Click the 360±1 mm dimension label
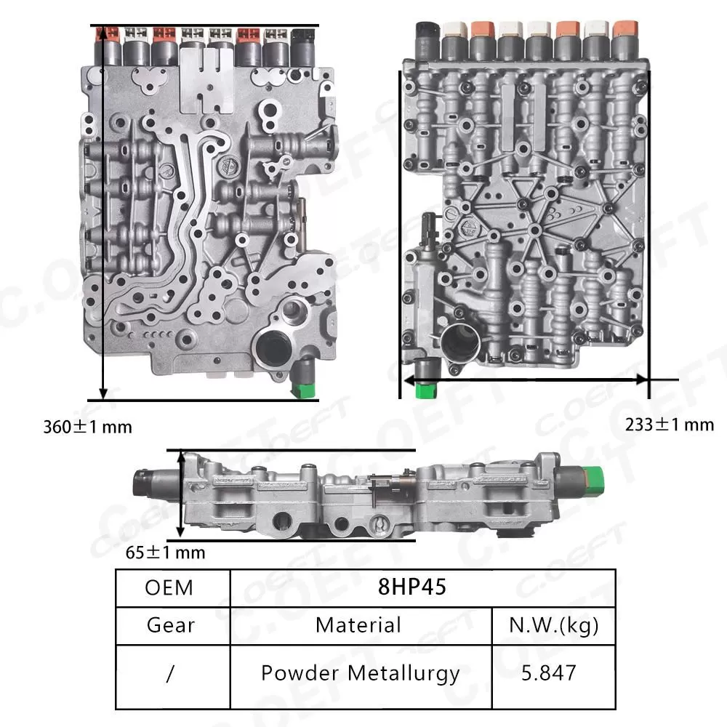88,427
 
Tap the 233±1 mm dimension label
670,424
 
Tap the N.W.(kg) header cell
553,625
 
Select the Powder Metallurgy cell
360,673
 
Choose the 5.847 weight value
553,673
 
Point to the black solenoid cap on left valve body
302,36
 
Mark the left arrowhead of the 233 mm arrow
409,379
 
